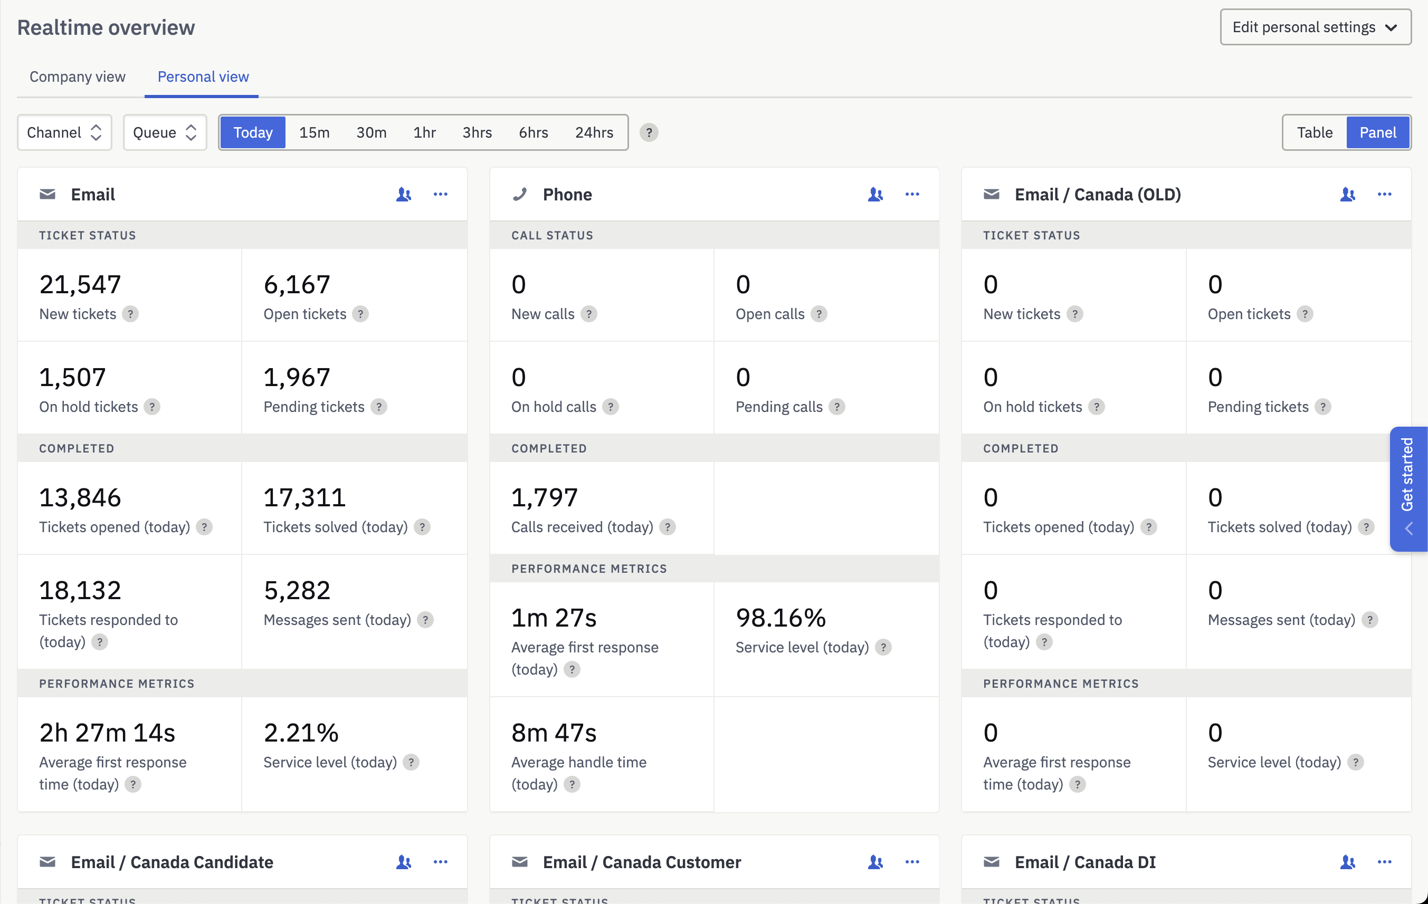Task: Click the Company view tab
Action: point(77,76)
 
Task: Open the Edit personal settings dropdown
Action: point(1315,27)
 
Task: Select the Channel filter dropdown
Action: point(64,132)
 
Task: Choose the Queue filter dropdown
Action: point(164,132)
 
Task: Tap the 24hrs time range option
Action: point(594,132)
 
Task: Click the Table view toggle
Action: point(1314,132)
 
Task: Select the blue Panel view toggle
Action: point(1377,132)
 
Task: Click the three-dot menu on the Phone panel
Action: point(911,195)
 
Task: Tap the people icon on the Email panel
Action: point(403,195)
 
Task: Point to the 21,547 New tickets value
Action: point(80,284)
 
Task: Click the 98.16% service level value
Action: point(780,618)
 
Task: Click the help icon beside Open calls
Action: point(818,314)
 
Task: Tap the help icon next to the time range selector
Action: point(649,132)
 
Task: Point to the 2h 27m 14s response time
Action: point(107,733)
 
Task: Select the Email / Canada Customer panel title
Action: point(642,862)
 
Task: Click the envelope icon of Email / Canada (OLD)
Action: point(991,195)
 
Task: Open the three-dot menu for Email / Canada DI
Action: point(1384,862)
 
